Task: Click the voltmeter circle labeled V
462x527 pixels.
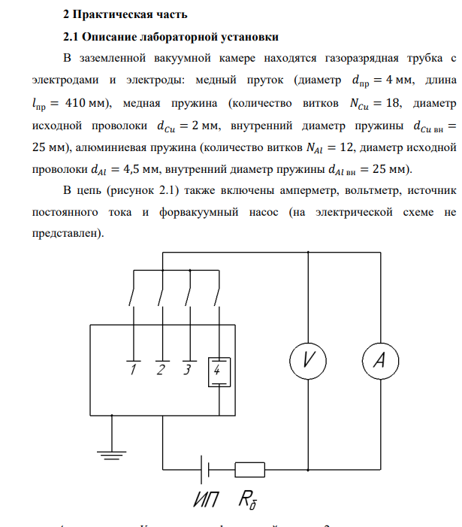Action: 308,361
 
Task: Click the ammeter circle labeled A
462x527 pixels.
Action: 379,361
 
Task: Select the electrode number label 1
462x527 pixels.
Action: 133,370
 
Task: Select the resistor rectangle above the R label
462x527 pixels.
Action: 249,470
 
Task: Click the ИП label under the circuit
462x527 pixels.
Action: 200,500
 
